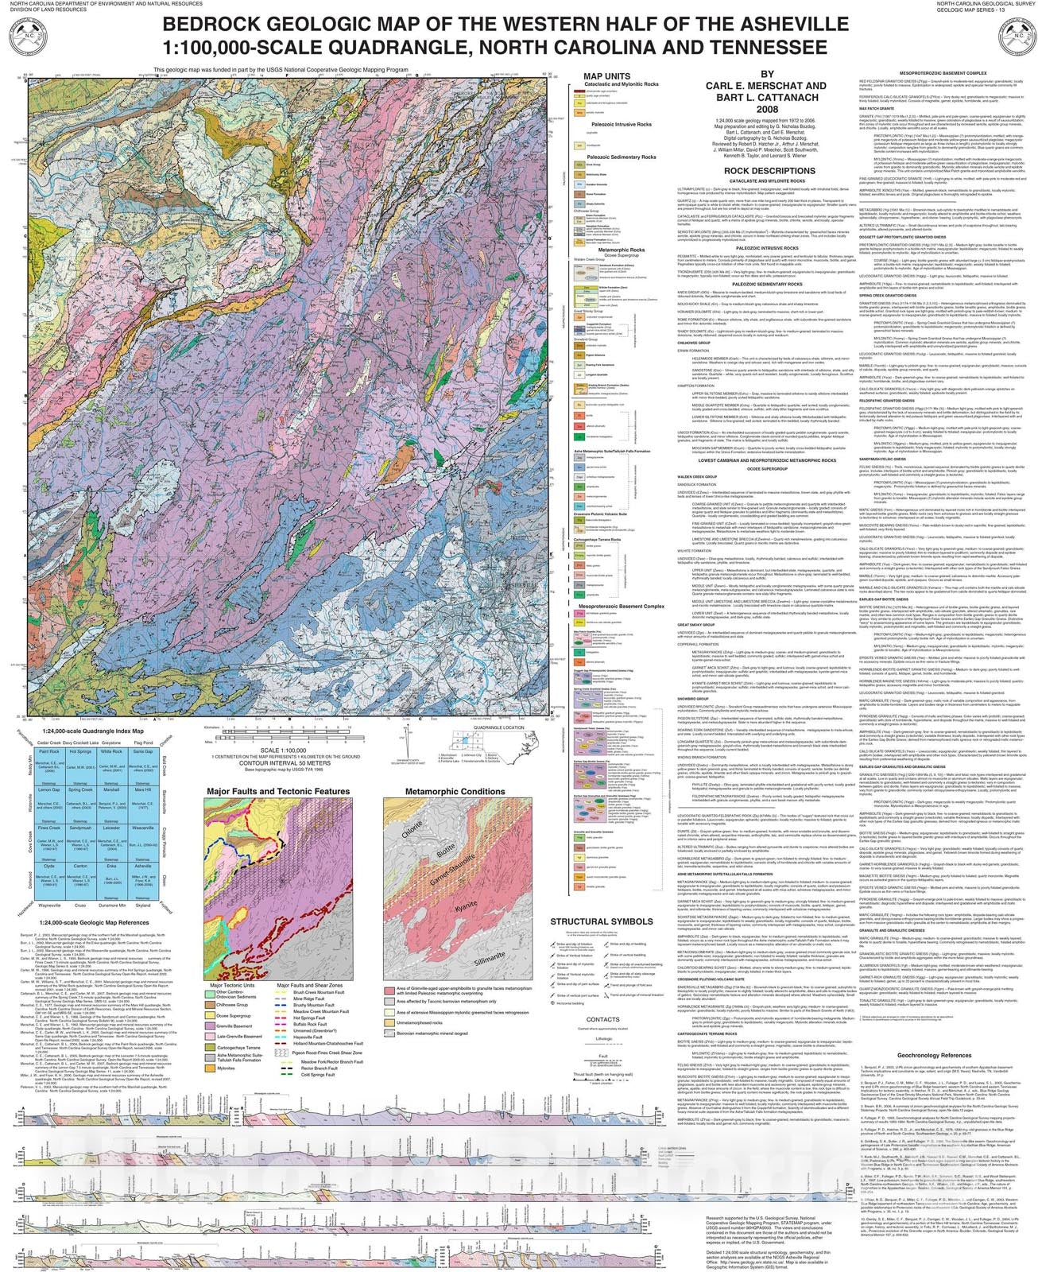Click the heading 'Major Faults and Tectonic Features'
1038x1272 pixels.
[278, 791]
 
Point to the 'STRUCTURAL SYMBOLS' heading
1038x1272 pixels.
[602, 921]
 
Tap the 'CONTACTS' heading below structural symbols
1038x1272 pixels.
[602, 1019]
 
